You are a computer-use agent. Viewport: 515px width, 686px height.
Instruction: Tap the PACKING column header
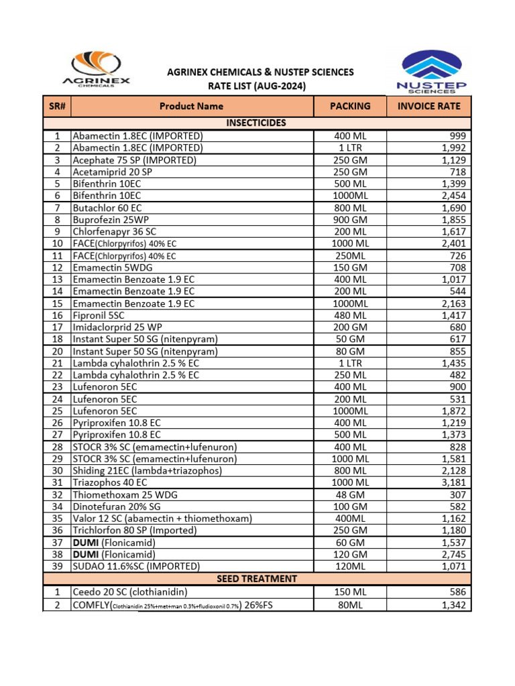pos(350,106)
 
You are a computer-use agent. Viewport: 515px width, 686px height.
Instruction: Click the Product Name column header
pos(191,106)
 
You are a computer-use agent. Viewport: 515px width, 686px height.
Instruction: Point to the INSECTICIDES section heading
pos(257,123)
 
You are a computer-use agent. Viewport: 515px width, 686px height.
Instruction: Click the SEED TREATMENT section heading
pos(257,578)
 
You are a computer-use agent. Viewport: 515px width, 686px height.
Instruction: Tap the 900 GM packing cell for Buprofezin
pos(350,220)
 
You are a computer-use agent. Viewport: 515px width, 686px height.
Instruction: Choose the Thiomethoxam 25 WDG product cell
pos(125,494)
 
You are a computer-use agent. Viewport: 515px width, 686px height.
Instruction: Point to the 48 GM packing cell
pos(350,494)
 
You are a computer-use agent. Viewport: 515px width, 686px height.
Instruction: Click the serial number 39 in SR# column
pos(57,566)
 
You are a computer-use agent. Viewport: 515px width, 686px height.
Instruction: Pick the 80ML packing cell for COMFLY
pos(350,606)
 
